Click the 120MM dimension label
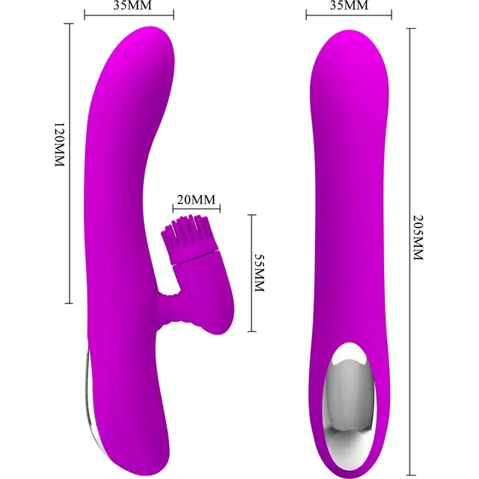[x=59, y=145]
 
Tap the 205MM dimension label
[x=418, y=238]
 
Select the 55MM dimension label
[x=259, y=273]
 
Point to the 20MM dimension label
[x=196, y=199]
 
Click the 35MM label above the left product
[x=132, y=5]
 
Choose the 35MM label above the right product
[x=348, y=5]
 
